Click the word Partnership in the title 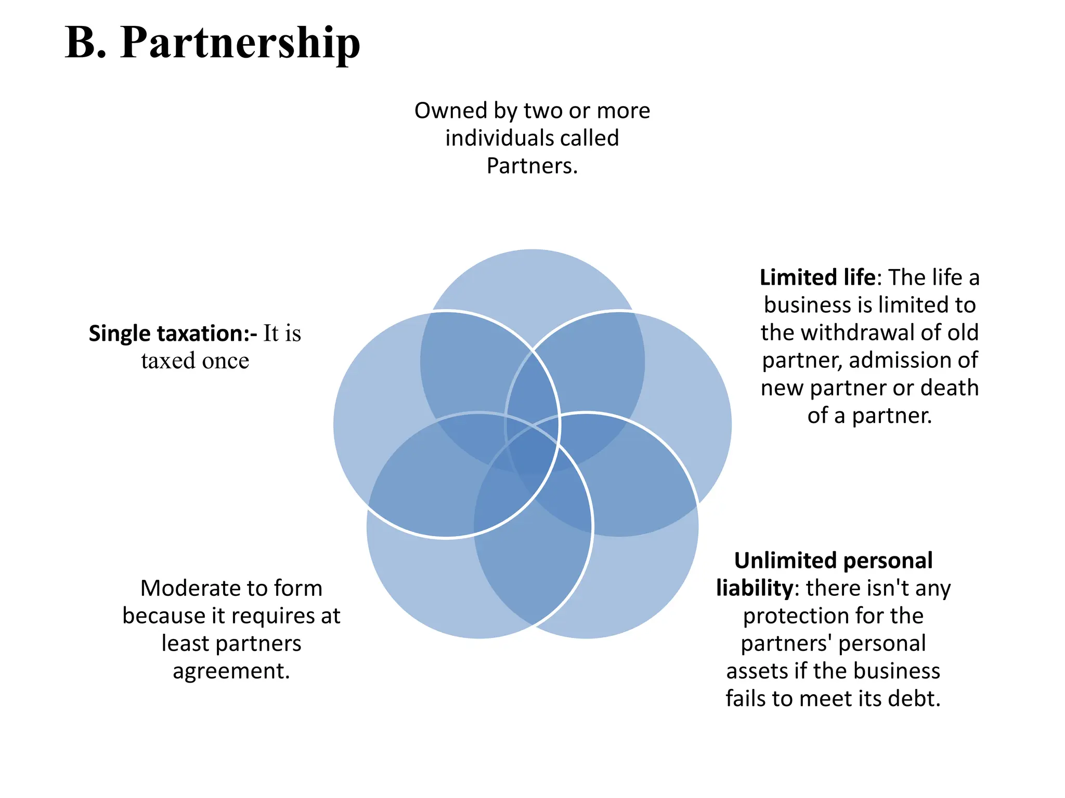click(x=240, y=44)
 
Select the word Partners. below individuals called click(x=532, y=166)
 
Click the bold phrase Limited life click(x=817, y=278)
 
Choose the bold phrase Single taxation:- click(x=173, y=334)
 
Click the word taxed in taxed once click(x=167, y=361)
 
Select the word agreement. click(x=231, y=671)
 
